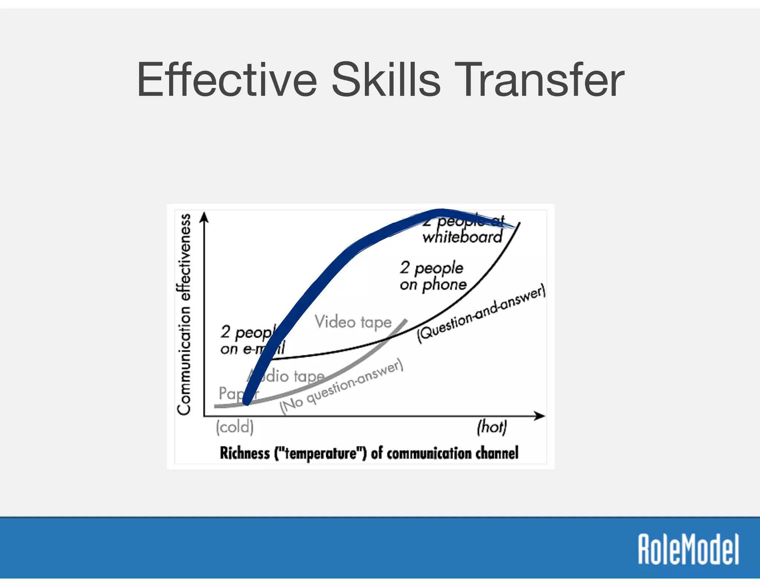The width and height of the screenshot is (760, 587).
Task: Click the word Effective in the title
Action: point(227,80)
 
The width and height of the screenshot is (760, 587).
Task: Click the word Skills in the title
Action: point(386,80)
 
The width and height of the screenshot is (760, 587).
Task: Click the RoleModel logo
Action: point(688,549)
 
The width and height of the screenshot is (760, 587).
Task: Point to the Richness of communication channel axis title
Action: point(369,453)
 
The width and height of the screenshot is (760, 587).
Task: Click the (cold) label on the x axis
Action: point(235,427)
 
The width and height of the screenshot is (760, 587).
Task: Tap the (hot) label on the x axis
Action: point(492,427)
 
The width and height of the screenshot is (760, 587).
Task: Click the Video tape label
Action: point(353,322)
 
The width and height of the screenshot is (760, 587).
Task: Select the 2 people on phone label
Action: point(433,276)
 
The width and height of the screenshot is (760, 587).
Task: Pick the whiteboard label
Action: point(462,237)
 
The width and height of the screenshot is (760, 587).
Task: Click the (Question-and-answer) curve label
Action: point(481,314)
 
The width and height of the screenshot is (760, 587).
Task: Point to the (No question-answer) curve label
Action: point(341,386)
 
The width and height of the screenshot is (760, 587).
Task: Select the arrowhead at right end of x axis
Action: point(540,416)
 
